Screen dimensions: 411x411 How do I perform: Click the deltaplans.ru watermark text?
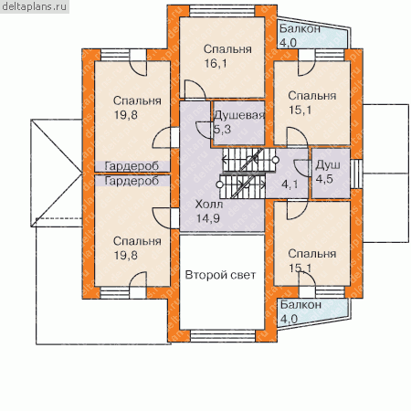coord(34,6)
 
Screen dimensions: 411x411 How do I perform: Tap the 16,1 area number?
coord(216,63)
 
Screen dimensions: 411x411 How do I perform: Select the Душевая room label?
coord(239,115)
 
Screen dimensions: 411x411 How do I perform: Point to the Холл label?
coord(209,204)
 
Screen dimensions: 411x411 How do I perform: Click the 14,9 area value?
coord(208,218)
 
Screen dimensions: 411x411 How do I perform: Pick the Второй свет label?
coord(220,275)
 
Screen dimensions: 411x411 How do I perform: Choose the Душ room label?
coord(328,165)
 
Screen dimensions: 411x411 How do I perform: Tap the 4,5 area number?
coord(324,179)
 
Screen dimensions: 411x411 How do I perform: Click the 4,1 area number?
coord(290,184)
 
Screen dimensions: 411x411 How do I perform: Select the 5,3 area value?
coord(223,130)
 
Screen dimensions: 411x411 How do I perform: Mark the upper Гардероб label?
coord(132,166)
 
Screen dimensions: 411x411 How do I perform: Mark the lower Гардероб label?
coord(132,181)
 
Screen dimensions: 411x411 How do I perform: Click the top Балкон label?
coord(300,28)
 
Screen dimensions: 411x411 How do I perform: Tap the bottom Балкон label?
coord(300,304)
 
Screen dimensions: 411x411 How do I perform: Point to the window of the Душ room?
coord(355,174)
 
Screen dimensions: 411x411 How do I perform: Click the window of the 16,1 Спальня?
coord(222,11)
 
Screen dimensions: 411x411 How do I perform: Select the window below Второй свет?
coord(223,336)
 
